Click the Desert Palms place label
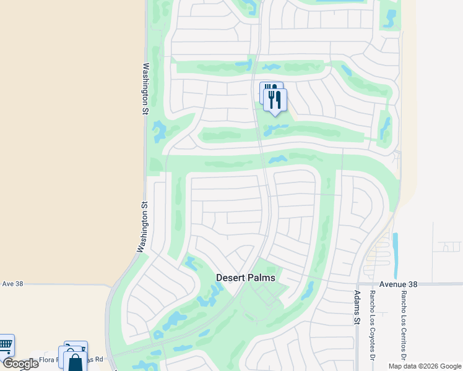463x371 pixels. coord(245,278)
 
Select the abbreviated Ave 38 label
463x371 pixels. coord(12,283)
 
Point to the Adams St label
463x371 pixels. coord(357,308)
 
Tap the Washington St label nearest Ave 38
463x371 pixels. coord(143,226)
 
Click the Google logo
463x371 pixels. coord(20,364)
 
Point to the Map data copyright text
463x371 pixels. coord(424,366)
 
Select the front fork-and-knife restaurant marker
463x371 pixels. coord(275,100)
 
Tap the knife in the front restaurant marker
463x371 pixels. coord(279,99)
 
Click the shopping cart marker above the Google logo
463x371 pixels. coord(5,344)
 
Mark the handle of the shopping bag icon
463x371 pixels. coord(75,357)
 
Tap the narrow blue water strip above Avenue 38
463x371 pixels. coord(396,247)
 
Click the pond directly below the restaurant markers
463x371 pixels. coord(276,130)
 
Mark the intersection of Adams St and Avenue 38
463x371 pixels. coord(357,284)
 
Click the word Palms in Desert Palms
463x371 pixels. coord(260,278)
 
